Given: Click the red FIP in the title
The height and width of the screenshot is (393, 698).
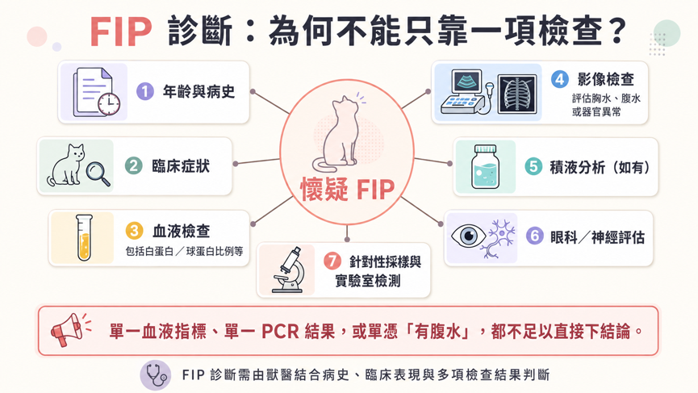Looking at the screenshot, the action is coord(121,31).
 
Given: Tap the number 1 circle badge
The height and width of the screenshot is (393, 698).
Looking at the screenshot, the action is coord(144,92).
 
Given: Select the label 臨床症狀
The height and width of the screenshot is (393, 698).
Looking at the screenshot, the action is coord(181,166).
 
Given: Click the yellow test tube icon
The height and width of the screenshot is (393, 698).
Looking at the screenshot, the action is coord(84,237).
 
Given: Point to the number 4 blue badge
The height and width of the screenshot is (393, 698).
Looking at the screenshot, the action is coord(559,80).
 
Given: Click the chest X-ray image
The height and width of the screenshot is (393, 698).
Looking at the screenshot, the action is coord(517,94).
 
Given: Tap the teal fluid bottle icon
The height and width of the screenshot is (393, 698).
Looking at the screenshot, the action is coord(485,167).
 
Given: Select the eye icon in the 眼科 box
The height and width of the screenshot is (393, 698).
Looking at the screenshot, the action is coord(468,236).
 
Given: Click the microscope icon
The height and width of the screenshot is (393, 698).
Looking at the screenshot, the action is coord(288,270).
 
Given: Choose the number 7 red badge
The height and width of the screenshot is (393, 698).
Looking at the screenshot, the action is coord(332,261).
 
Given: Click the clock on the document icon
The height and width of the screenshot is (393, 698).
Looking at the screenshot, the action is coord(109,105).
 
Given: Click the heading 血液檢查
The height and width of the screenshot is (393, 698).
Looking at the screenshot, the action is coord(182,232).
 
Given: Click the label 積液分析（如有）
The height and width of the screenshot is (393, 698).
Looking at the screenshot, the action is coord(600,167).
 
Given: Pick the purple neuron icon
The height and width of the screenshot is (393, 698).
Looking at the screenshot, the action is coord(501,238).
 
